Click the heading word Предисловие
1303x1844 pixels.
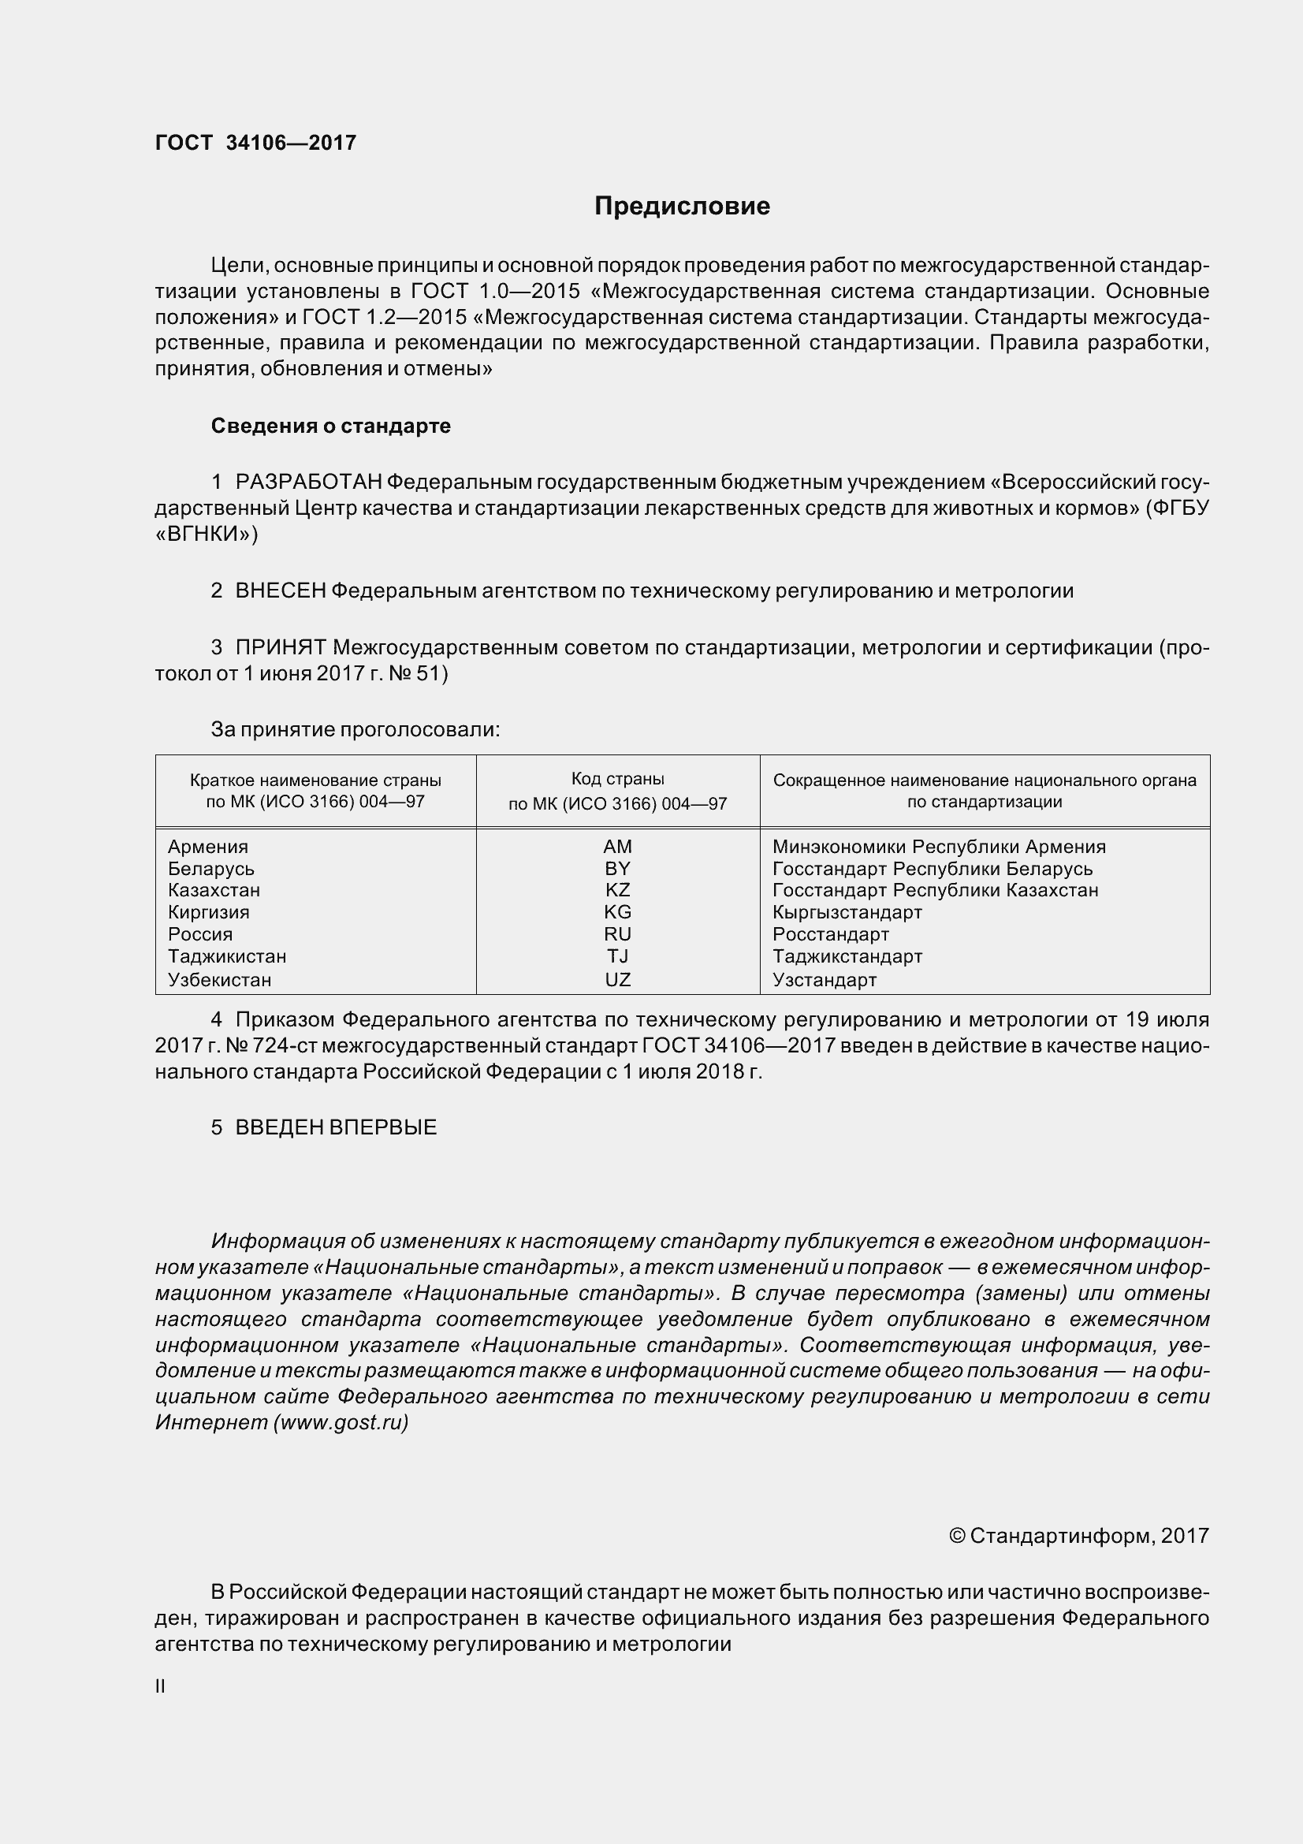tap(682, 207)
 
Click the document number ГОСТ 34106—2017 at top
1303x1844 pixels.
tap(255, 143)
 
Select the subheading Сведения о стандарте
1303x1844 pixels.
tap(331, 426)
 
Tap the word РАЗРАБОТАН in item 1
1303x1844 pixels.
tap(308, 482)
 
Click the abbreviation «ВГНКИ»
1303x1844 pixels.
tap(207, 534)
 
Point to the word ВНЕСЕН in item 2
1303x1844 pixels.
tap(280, 590)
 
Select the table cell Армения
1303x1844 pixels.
tap(208, 847)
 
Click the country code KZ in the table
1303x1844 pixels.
tap(617, 890)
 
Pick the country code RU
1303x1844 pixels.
tap(617, 934)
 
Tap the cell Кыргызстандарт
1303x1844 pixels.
tap(847, 912)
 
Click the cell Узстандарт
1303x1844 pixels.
tap(825, 980)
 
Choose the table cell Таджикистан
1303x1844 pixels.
tap(227, 956)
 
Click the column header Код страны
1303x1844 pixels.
tap(617, 779)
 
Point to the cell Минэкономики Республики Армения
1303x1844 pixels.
tap(939, 847)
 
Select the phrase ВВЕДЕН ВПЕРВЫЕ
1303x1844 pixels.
tap(336, 1127)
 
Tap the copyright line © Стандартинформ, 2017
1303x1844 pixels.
tap(1078, 1536)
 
